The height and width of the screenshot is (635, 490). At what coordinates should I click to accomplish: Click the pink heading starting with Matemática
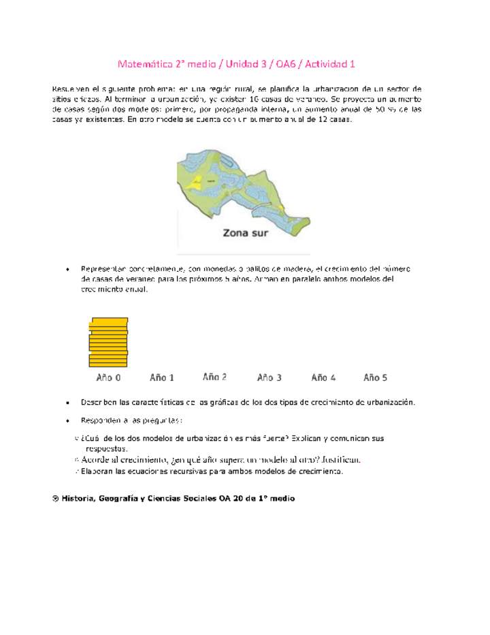236,64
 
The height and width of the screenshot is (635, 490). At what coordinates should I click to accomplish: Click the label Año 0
109,377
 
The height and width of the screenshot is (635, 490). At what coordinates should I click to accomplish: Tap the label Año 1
162,377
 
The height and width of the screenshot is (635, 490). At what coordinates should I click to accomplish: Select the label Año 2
215,376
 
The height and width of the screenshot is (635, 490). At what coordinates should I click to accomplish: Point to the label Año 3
269,377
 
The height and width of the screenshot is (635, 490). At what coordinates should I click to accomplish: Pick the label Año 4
323,377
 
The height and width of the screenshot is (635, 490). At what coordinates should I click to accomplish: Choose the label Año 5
376,377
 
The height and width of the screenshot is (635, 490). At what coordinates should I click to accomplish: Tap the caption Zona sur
246,232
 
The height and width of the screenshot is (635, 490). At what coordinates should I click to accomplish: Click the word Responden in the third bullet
101,420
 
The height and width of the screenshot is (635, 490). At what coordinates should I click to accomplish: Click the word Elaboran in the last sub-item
97,471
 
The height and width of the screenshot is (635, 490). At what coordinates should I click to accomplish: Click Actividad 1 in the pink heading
329,64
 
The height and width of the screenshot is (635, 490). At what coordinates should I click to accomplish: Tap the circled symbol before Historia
55,499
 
